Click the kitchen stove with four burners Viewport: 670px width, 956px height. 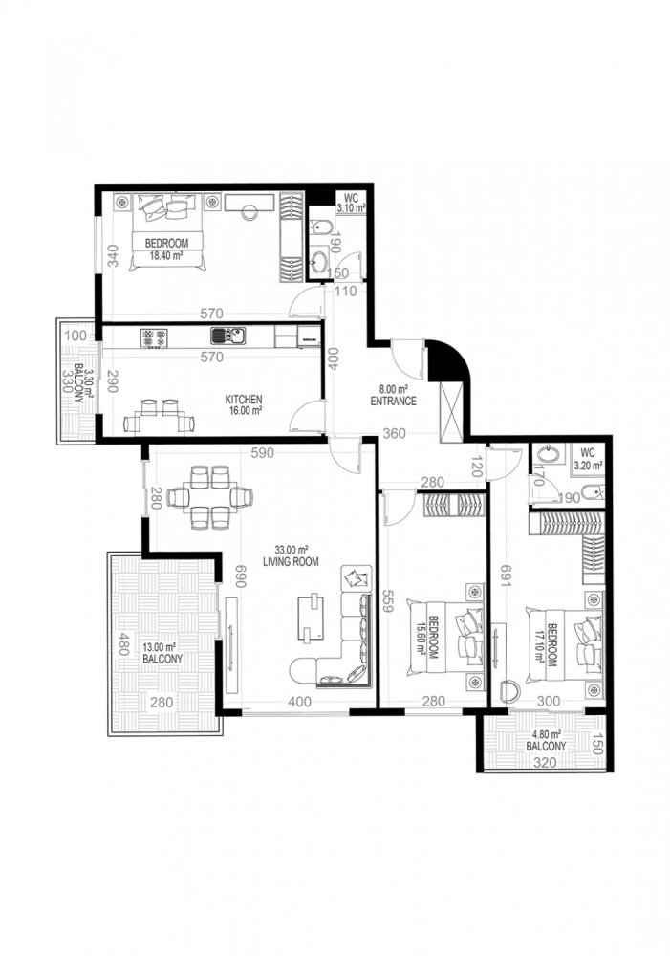click(155, 337)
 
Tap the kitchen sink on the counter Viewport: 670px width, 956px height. click(228, 336)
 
